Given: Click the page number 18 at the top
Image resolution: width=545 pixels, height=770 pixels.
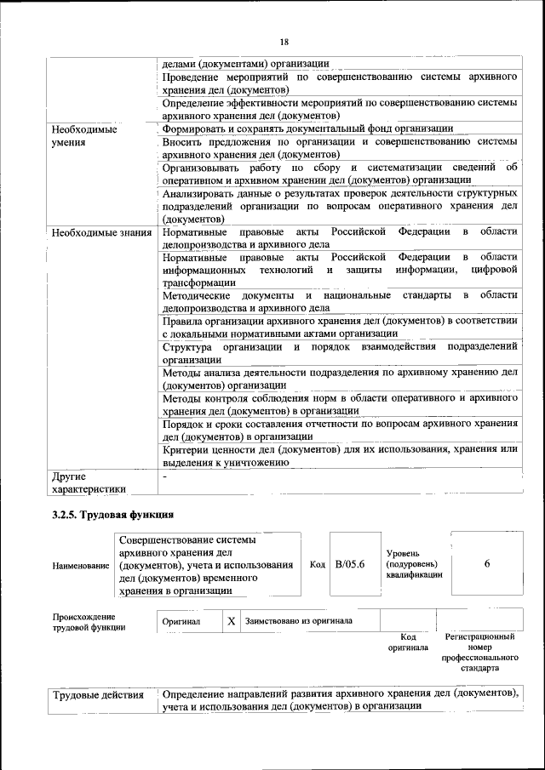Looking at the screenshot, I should click(x=284, y=42).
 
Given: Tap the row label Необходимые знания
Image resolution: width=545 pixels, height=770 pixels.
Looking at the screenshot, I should click(x=101, y=232).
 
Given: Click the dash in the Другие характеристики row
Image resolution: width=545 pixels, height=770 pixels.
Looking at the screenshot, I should click(x=165, y=477).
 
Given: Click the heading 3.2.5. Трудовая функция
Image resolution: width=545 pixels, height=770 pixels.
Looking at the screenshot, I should click(x=112, y=515).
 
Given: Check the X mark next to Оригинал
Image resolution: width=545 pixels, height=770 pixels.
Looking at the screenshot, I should click(x=231, y=621).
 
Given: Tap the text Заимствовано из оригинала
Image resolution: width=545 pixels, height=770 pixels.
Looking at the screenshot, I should click(x=299, y=621).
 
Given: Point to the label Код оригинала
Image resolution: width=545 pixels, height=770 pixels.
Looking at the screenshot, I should click(x=408, y=642).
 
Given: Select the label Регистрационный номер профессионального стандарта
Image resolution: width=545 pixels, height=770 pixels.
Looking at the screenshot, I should click(x=479, y=652).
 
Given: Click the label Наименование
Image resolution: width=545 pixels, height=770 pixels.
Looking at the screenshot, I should click(x=81, y=566).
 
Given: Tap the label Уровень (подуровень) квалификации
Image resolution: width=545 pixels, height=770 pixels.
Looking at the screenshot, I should click(x=413, y=564).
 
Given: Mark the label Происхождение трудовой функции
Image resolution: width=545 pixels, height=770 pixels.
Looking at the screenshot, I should click(x=83, y=622).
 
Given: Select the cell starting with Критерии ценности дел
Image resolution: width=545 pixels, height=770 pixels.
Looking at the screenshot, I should click(x=339, y=455).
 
